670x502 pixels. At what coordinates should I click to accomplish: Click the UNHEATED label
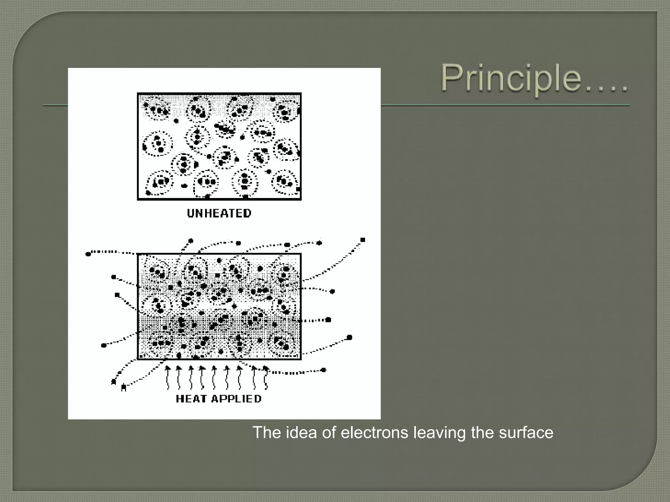click(219, 213)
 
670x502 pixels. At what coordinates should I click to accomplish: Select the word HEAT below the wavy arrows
click(191, 399)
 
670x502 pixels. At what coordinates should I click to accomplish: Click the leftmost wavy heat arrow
click(168, 377)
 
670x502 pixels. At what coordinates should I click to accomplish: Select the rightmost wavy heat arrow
click(265, 377)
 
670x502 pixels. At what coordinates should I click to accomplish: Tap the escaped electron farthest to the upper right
click(362, 240)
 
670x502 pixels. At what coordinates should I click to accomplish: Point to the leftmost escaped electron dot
click(88, 254)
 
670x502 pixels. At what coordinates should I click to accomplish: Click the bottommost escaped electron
click(123, 388)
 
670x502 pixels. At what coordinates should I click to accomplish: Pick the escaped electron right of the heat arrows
click(324, 370)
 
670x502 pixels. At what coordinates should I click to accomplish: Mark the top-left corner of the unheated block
click(138, 93)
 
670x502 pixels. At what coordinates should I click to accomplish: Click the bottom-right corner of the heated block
click(300, 359)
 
